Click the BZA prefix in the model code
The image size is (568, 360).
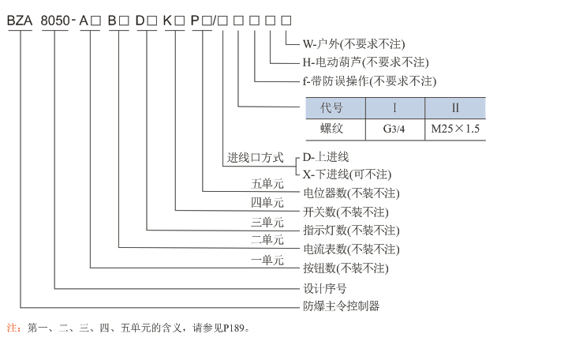click(x=20, y=21)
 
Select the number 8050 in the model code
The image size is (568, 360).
click(x=55, y=21)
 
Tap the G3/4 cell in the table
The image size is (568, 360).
click(x=394, y=129)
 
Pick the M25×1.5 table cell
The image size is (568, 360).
click(x=455, y=129)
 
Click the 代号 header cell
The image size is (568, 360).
click(x=331, y=107)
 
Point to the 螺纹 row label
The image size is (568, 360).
click(x=331, y=129)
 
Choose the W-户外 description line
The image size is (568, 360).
click(x=354, y=44)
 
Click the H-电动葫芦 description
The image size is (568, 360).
click(x=366, y=62)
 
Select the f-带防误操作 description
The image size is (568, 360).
click(x=369, y=81)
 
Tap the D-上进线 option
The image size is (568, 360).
click(x=326, y=157)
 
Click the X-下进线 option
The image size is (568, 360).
click(x=347, y=174)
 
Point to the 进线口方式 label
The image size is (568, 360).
click(x=256, y=158)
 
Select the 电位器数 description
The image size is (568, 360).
click(x=351, y=193)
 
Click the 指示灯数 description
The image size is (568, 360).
click(x=351, y=231)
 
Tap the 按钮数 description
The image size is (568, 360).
click(x=346, y=268)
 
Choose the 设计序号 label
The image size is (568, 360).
click(x=325, y=289)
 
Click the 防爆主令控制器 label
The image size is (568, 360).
click(x=342, y=306)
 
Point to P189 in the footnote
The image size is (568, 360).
click(x=234, y=328)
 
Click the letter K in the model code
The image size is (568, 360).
click(x=167, y=21)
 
